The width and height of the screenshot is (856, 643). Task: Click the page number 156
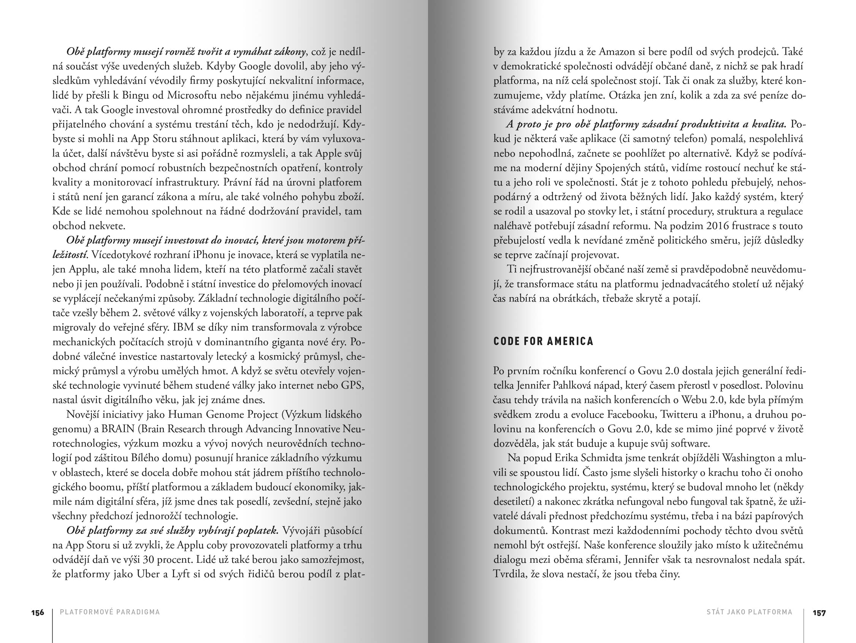(x=38, y=613)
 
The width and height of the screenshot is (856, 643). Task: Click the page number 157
(x=819, y=613)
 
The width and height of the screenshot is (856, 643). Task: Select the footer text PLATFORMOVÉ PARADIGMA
(x=110, y=612)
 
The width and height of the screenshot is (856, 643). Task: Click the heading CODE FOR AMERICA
(x=543, y=341)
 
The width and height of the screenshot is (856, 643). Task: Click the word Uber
(x=148, y=574)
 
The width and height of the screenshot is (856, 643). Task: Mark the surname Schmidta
(x=602, y=458)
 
